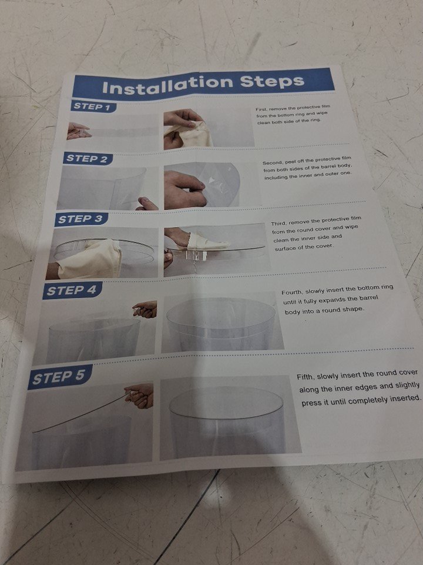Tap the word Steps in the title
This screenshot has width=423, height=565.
[273, 81]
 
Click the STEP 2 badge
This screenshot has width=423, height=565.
[88, 158]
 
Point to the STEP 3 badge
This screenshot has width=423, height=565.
[80, 219]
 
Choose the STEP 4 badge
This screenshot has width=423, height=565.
[72, 290]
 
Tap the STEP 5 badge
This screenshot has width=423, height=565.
[59, 377]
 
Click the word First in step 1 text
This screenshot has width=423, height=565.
[261, 109]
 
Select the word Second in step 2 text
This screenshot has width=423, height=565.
[272, 163]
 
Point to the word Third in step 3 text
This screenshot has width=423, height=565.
[278, 224]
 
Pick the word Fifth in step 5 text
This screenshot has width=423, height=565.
[305, 377]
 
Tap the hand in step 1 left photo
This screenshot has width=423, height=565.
[78, 131]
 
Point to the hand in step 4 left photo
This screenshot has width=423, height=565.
[145, 309]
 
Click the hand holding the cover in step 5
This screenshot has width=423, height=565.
[140, 395]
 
